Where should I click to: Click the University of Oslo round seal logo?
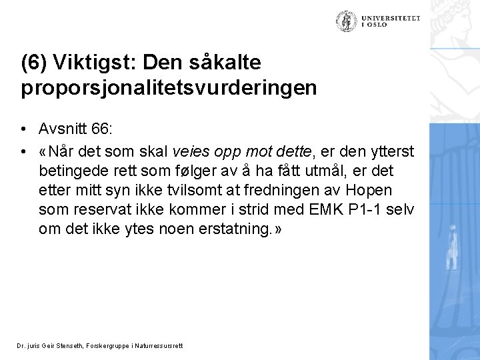[x=346, y=22]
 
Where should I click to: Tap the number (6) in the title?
[x=33, y=63]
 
